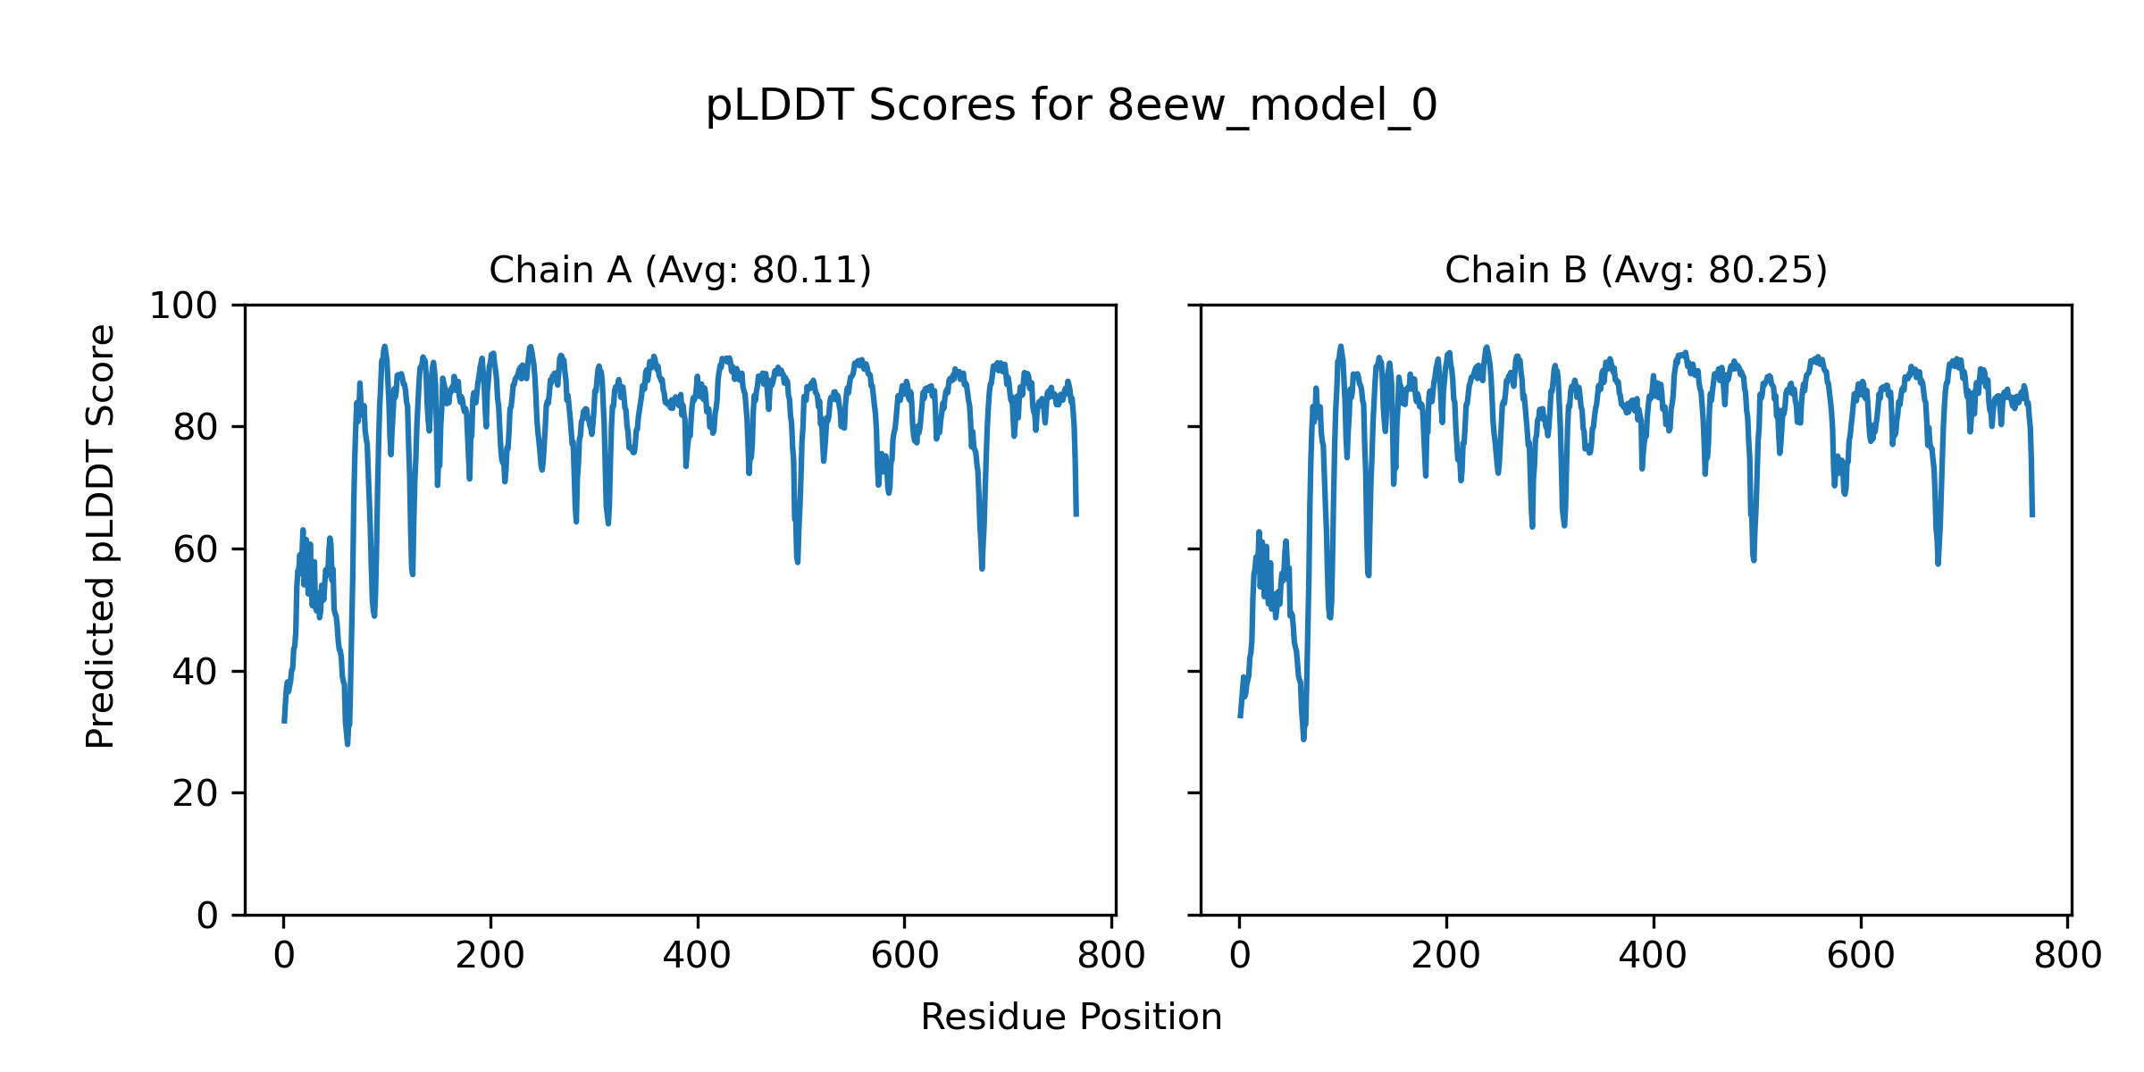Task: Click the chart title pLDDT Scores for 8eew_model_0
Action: [x=1071, y=106]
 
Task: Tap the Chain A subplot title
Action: [x=680, y=270]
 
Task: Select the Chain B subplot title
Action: [x=1636, y=270]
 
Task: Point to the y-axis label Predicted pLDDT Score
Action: [x=101, y=536]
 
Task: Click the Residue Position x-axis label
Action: [x=1071, y=1018]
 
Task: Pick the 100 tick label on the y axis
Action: [x=183, y=306]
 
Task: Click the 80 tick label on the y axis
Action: [x=196, y=428]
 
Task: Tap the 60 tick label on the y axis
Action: [x=196, y=549]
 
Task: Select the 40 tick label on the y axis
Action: [x=196, y=672]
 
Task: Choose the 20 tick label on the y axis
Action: [x=196, y=793]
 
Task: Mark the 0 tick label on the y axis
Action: [x=207, y=916]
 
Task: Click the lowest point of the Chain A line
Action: [x=348, y=744]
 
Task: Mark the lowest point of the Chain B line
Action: [x=1303, y=739]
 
